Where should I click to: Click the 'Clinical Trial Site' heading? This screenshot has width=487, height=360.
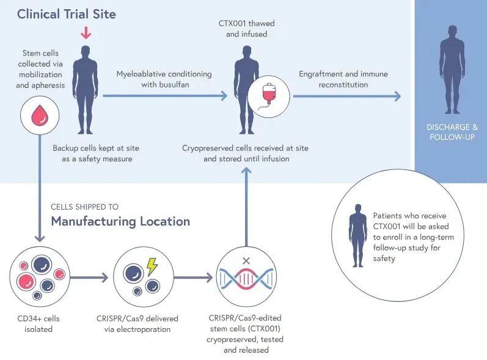coord(65,14)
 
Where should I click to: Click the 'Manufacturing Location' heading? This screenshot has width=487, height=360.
coord(120,221)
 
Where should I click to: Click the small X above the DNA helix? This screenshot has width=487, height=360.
coord(246,260)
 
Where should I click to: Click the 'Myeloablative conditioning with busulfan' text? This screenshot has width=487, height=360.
coord(164,79)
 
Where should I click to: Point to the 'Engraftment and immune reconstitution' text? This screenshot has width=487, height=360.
coord(343,79)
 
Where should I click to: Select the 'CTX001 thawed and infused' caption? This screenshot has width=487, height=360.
coord(246,29)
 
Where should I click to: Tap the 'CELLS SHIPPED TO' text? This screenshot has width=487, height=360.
coord(85,207)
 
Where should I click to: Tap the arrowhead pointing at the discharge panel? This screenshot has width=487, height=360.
coord(397,96)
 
